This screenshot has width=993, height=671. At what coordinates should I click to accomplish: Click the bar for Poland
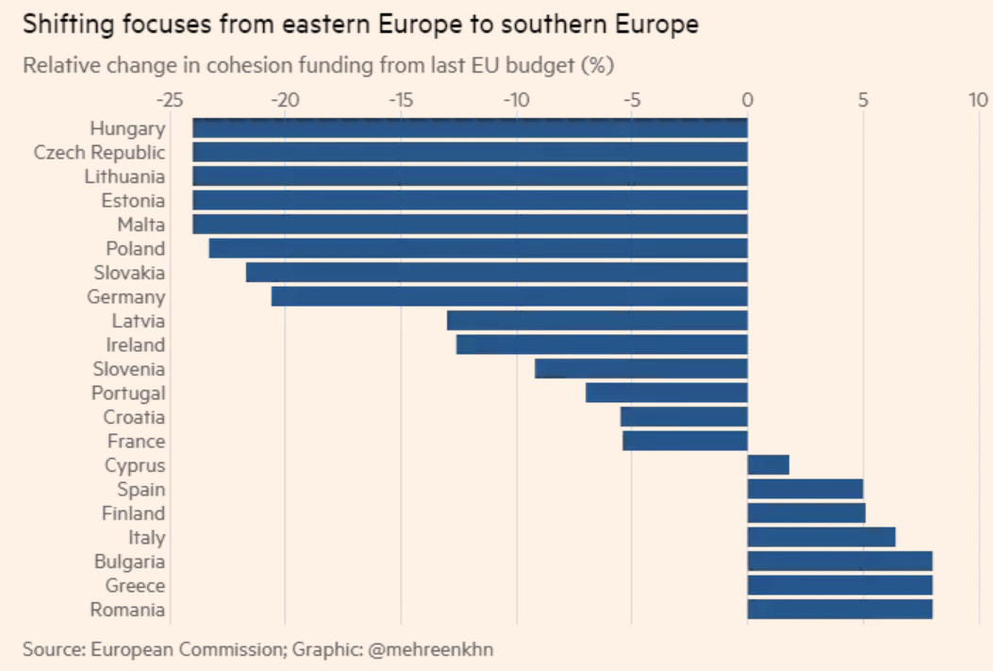478,248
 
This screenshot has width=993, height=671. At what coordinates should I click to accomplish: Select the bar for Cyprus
768,465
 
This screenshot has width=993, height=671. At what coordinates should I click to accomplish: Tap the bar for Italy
820,538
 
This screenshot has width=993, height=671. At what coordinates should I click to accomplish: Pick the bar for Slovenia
641,369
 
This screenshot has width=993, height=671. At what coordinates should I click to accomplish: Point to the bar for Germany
509,297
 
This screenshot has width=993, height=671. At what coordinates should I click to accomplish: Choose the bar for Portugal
666,394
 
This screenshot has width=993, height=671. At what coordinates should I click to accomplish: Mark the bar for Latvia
597,321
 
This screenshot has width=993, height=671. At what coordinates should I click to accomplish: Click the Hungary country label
127,128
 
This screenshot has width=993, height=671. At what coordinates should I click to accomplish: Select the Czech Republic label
99,152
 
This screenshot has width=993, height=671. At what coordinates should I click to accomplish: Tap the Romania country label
127,610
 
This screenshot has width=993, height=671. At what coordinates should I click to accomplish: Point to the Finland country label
133,513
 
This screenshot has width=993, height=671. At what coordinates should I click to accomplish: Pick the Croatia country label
134,417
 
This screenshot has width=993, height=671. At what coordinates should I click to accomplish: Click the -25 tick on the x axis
170,100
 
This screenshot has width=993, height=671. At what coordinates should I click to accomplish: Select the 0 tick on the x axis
748,100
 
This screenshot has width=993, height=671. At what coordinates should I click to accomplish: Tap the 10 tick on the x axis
978,100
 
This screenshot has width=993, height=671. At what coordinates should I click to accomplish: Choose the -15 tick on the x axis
401,100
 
